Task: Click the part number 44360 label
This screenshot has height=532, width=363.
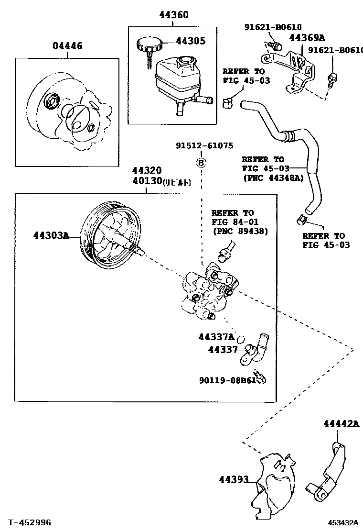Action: [173, 15]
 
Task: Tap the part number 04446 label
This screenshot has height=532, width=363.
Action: [67, 46]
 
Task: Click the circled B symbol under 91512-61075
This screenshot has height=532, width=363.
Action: [201, 163]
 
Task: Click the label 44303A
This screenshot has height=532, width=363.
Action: [52, 235]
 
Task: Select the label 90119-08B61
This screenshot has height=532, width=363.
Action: [228, 381]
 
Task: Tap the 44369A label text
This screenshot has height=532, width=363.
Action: [306, 38]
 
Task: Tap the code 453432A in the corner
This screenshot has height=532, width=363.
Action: [343, 523]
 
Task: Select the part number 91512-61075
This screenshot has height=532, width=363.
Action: [204, 146]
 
